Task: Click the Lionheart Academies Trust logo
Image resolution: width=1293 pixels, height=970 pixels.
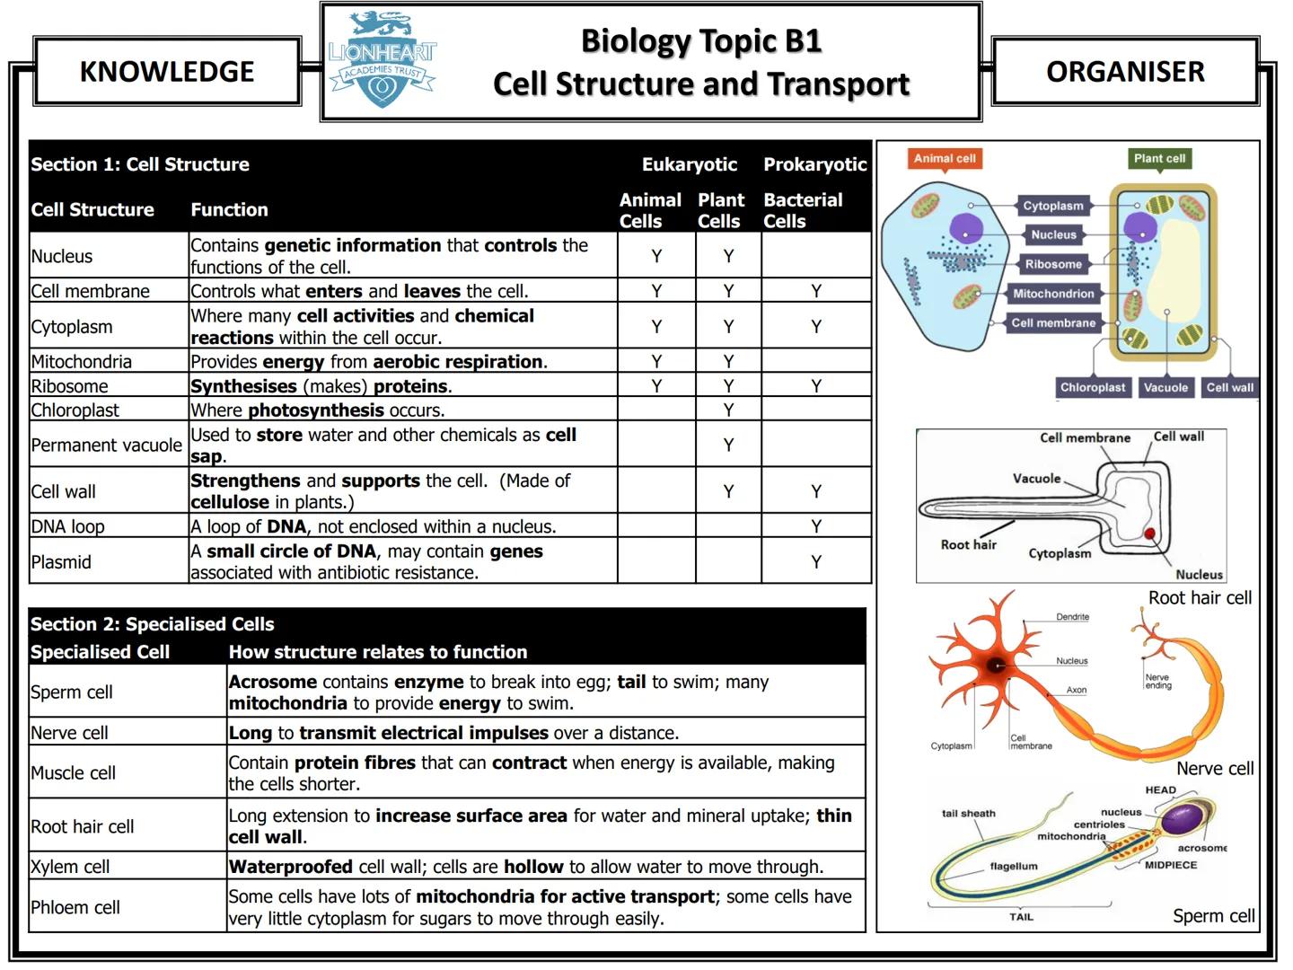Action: pos(382,61)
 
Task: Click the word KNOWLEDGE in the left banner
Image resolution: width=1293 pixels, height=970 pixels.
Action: pos(167,71)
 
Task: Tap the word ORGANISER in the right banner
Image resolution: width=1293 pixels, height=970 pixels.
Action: pos(1125,71)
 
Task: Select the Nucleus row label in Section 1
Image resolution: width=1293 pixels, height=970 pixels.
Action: pos(62,256)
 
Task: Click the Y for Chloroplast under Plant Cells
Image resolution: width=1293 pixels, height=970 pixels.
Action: pos(728,410)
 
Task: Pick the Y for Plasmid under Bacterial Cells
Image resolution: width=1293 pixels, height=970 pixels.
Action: pos(815,562)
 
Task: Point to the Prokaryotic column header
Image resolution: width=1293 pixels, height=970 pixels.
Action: pos(814,164)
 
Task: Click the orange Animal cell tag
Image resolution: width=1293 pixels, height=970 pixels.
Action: pos(944,159)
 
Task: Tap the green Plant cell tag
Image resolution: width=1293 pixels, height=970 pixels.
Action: pos(1158,159)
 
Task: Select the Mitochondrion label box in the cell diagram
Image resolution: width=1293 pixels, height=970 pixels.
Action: pos(1052,294)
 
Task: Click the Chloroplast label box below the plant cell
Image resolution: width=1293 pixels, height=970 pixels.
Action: pos(1092,388)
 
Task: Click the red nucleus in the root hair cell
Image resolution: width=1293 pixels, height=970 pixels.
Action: pos(1149,534)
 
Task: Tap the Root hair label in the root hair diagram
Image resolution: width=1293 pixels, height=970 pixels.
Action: pos(968,544)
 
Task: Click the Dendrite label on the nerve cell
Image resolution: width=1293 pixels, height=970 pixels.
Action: pos(1072,617)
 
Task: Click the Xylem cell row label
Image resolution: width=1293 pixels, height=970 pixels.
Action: pos(70,867)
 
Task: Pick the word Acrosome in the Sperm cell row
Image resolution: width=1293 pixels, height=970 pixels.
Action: pos(273,682)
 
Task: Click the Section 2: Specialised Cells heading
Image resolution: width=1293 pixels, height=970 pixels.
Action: pos(153,624)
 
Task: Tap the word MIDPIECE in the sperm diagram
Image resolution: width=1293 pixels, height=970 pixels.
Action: pos(1170,865)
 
